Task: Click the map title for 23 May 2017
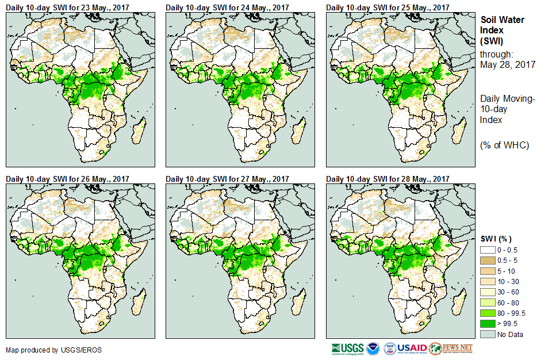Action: point(67,7)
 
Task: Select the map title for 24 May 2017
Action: point(227,7)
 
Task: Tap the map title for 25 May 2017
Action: point(388,7)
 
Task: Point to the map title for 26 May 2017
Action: point(67,179)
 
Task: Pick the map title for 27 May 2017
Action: point(227,179)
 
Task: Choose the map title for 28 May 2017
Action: point(388,179)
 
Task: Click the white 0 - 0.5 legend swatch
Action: point(488,250)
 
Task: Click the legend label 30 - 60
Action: point(508,292)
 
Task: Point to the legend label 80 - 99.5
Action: point(512,313)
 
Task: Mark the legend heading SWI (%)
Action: point(496,239)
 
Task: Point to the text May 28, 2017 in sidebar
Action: point(508,64)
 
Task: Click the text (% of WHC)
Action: point(504,145)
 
